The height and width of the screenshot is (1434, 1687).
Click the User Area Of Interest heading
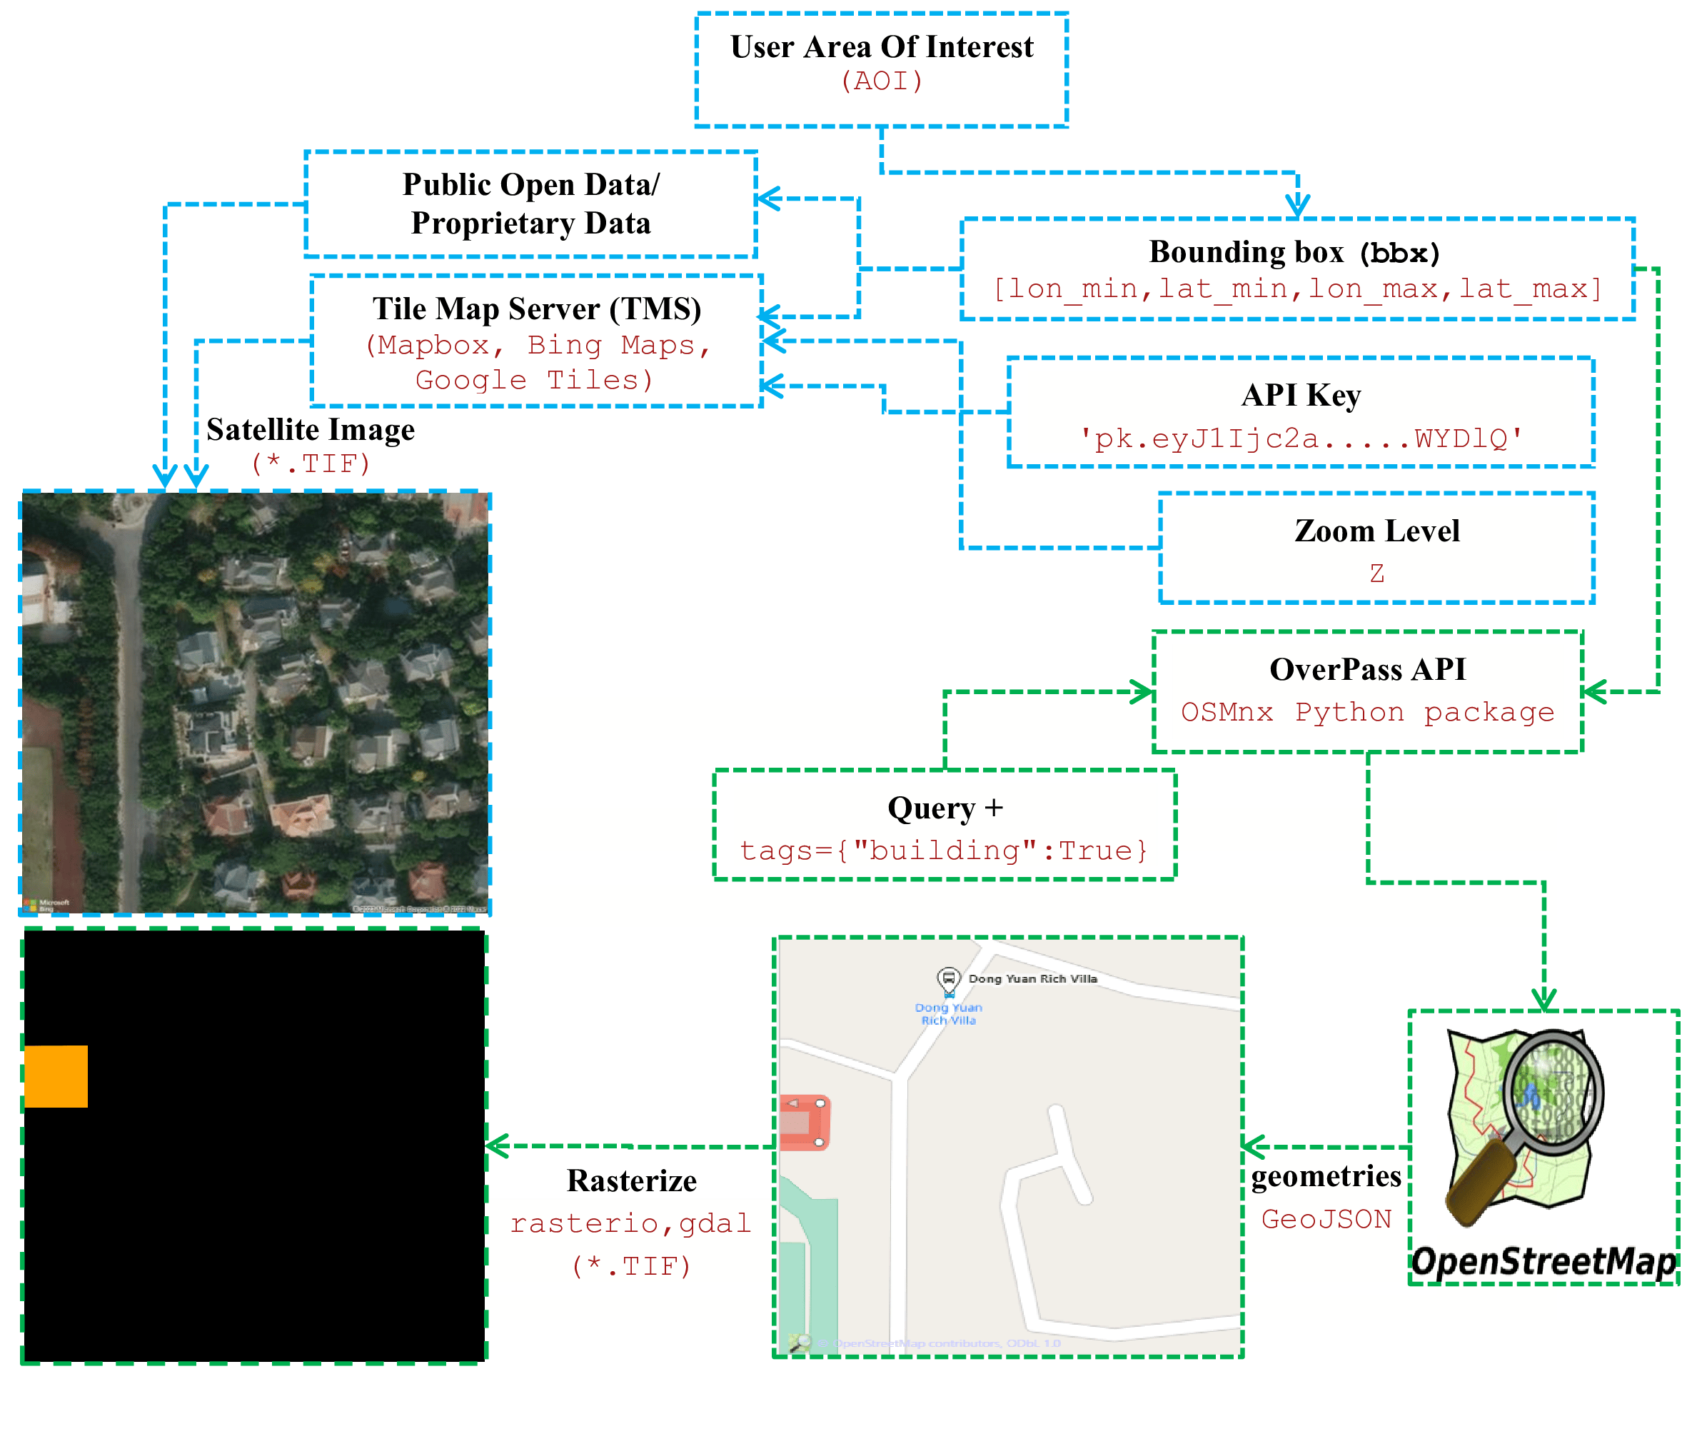[881, 47]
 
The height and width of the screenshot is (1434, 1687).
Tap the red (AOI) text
[881, 81]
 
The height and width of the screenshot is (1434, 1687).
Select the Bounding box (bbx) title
[1293, 252]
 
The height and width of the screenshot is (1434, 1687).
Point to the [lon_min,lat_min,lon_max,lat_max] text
[1297, 289]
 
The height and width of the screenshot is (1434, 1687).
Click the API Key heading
[1300, 395]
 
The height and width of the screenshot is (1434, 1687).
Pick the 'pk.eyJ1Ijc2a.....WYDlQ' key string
[1300, 439]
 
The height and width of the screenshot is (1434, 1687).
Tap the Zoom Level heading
[1376, 531]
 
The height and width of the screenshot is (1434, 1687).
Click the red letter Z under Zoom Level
[1376, 573]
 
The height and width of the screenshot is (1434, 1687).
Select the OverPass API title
[1368, 669]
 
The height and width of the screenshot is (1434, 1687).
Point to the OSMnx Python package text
[1367, 712]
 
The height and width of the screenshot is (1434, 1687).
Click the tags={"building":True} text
[944, 851]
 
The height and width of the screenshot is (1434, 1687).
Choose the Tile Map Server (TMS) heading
[536, 309]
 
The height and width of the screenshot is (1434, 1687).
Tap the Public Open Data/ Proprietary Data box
[530, 204]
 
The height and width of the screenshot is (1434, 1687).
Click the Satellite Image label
[311, 429]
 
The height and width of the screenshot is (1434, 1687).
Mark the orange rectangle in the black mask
[55, 1075]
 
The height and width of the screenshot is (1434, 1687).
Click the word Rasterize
[631, 1180]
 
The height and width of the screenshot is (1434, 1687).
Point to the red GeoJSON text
[1326, 1219]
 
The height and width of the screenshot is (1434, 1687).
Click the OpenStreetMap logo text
[1542, 1262]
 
